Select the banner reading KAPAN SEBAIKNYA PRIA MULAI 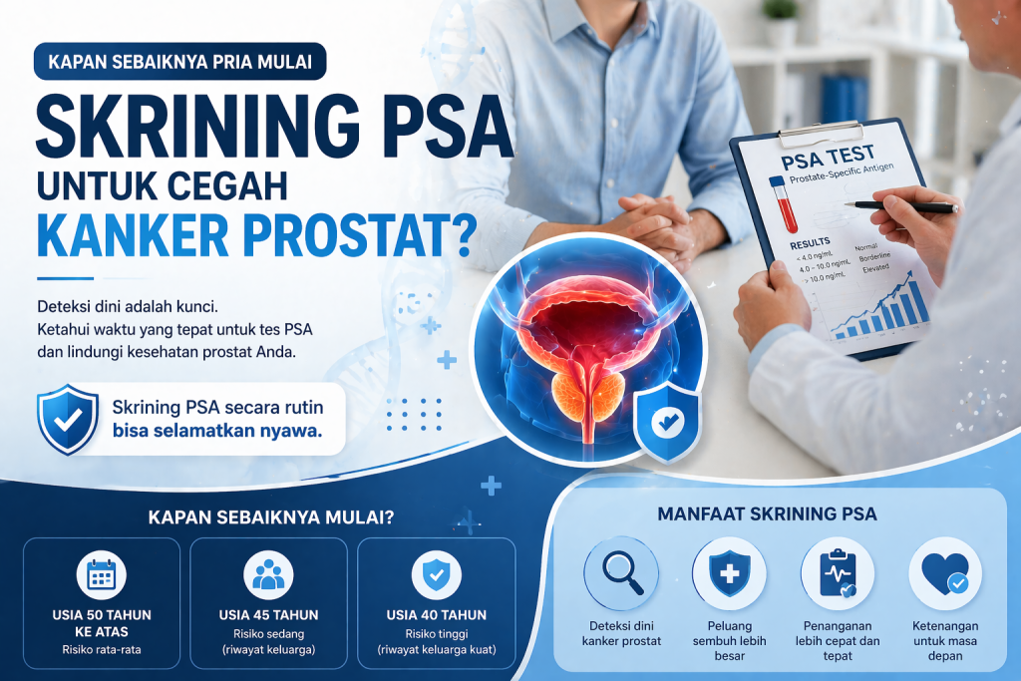tap(179, 61)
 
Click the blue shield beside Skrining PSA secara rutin tap(67, 419)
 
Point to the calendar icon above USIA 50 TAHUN tap(101, 573)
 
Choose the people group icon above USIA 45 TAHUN tap(268, 573)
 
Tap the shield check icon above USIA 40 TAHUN tap(436, 573)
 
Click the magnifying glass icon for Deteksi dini tap(621, 573)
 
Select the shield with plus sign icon tap(729, 574)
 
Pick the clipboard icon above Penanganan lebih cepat tap(837, 574)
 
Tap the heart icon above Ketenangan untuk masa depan tap(944, 574)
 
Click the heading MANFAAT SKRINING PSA tap(768, 514)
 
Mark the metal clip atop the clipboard tap(821, 132)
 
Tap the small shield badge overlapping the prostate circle tap(664, 421)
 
